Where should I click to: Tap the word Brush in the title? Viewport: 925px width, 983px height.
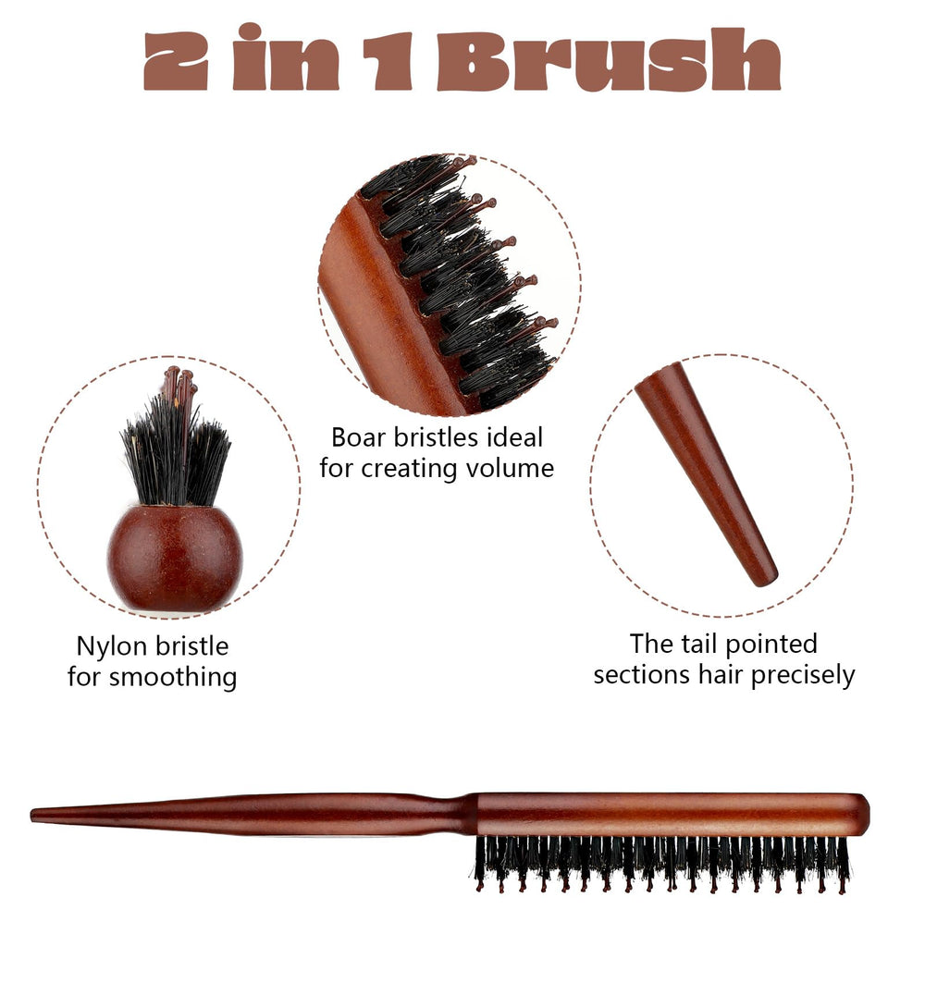coord(609,60)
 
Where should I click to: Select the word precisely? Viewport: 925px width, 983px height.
coord(803,676)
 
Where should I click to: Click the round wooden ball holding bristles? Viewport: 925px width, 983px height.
coord(174,558)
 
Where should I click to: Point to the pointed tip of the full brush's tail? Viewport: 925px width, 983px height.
coord(32,815)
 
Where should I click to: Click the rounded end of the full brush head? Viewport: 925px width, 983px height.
coord(864,815)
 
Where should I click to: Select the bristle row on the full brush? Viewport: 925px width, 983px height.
coord(661,863)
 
